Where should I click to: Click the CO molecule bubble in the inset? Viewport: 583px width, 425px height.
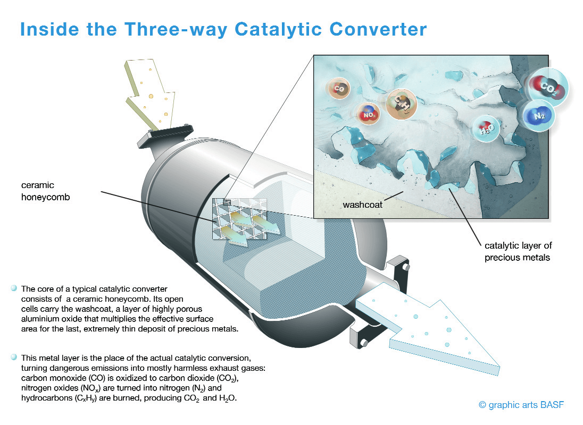[338, 88]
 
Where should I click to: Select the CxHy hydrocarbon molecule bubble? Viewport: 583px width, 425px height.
[402, 104]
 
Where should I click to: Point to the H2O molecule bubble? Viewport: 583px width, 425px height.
[486, 129]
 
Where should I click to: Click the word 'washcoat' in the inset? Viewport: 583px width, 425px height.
[362, 205]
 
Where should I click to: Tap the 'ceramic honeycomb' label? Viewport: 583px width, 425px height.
[45, 191]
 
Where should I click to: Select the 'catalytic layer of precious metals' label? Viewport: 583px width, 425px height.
[518, 251]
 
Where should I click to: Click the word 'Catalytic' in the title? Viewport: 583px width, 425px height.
[278, 29]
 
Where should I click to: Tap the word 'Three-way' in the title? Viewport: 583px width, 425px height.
[175, 29]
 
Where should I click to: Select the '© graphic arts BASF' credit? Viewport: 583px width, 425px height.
[521, 405]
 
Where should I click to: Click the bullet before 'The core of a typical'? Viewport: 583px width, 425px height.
[14, 288]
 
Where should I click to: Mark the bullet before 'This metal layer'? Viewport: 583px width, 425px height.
[14, 357]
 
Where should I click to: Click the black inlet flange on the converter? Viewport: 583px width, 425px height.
[165, 136]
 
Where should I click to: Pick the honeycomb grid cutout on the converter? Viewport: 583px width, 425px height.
[239, 219]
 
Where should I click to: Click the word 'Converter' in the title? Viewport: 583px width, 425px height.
[378, 29]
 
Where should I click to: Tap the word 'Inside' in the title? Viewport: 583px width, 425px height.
[49, 29]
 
